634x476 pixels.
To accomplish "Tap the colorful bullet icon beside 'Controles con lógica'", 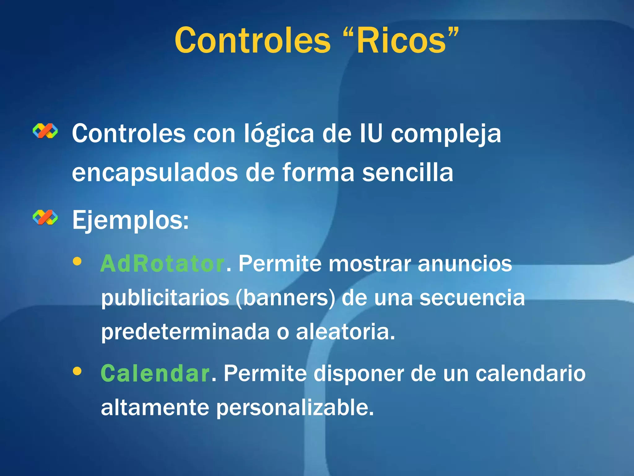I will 45,131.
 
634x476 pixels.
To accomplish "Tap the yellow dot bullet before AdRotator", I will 77,261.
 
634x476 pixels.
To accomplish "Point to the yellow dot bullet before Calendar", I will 77,371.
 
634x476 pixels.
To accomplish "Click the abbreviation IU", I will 371,134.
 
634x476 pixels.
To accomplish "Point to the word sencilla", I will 407,172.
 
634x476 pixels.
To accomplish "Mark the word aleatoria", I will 345,332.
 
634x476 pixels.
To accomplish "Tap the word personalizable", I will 295,408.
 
